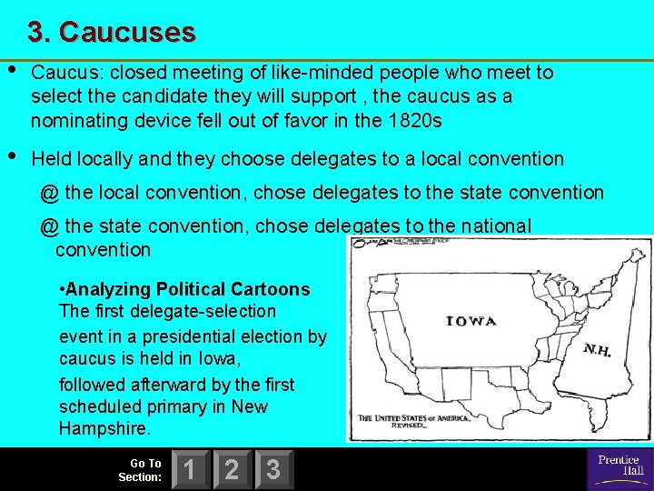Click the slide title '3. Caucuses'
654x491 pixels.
click(111, 33)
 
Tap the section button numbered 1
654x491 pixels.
click(187, 469)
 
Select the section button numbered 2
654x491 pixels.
click(231, 469)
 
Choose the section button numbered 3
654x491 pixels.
click(272, 469)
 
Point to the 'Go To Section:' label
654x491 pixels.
click(141, 469)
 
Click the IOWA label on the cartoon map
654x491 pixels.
click(471, 320)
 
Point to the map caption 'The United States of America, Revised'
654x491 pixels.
click(413, 422)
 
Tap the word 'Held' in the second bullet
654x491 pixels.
click(52, 158)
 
